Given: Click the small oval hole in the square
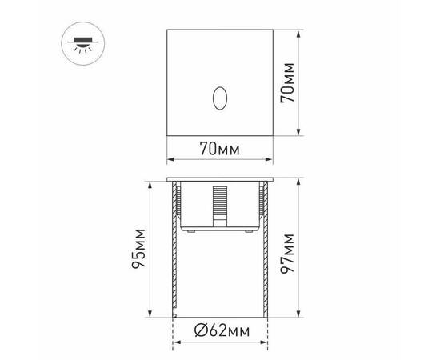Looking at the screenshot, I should click(x=218, y=99).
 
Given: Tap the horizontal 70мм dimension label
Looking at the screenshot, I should click(x=220, y=148).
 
